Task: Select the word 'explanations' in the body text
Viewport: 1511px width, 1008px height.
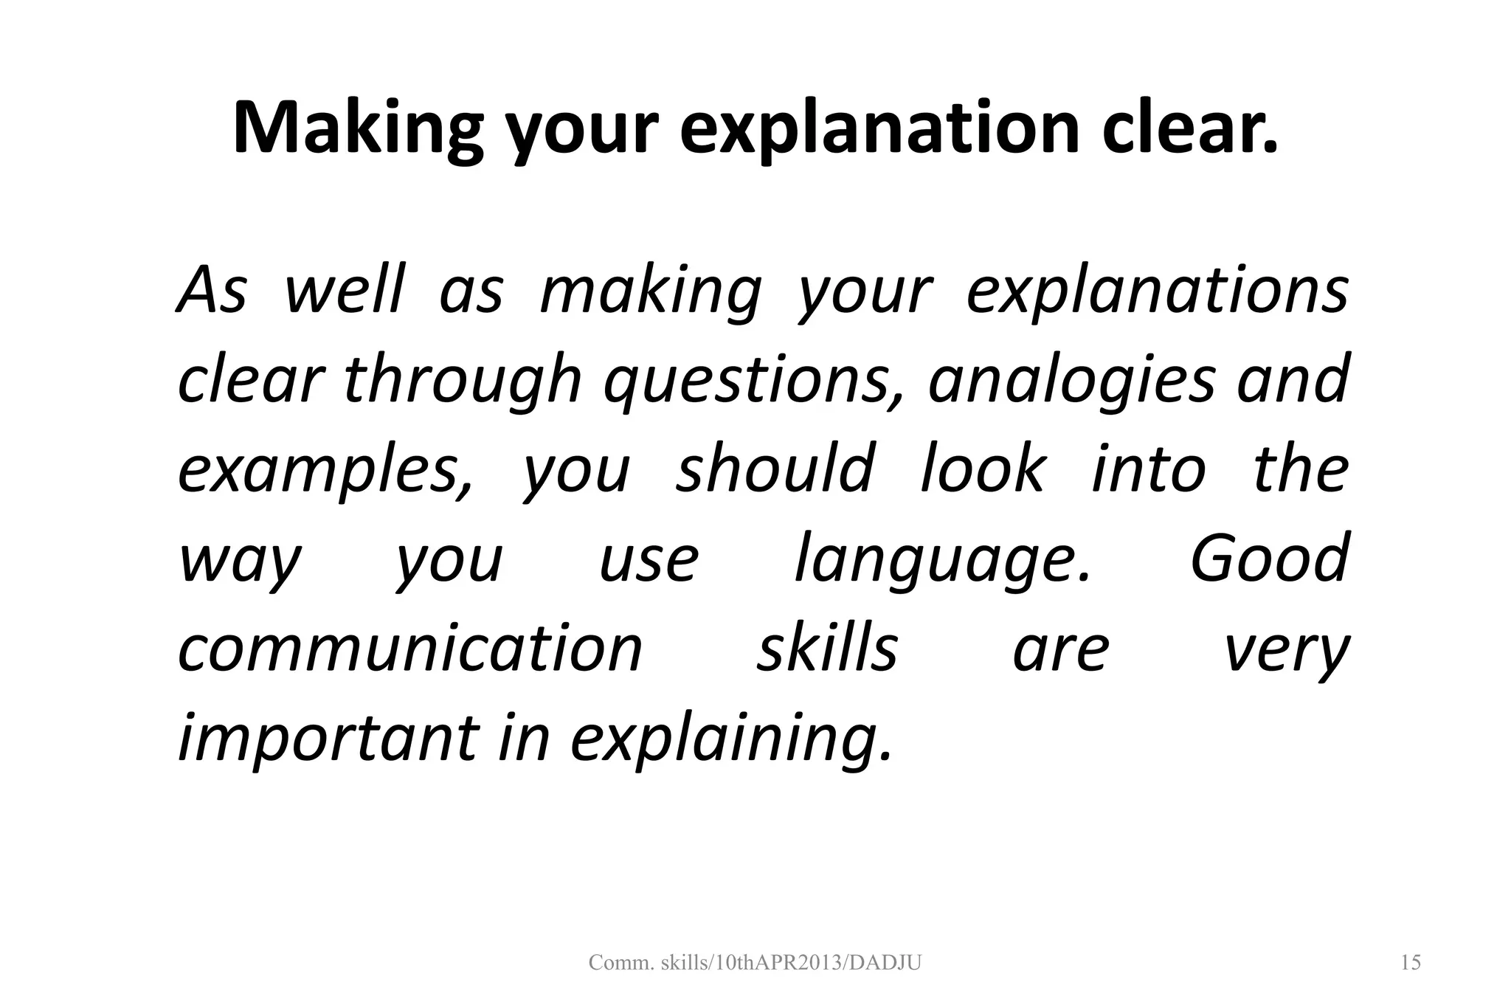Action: coord(1157,291)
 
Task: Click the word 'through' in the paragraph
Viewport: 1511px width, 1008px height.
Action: coord(463,381)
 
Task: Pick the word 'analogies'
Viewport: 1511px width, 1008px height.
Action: coord(1071,381)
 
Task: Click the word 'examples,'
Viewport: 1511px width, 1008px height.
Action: coord(325,470)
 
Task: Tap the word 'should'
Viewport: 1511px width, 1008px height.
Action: coord(775,470)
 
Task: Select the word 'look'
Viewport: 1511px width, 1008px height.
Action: coord(983,470)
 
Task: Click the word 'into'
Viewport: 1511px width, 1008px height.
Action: coord(1149,470)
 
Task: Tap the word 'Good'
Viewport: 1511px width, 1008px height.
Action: coord(1270,559)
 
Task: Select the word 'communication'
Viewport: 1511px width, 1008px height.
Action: coord(411,649)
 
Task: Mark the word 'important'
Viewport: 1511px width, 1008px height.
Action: coord(328,738)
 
